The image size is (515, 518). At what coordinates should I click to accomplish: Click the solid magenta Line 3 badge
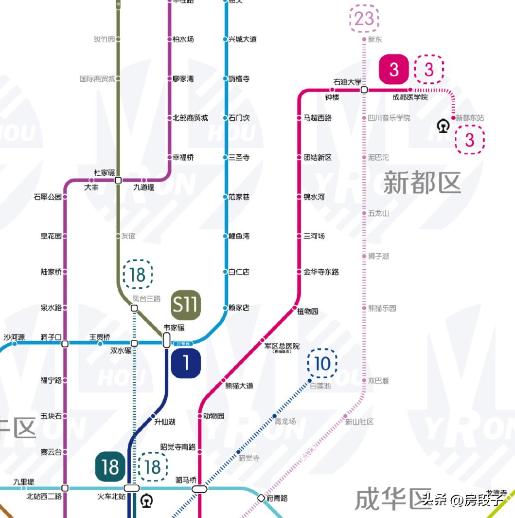tap(394, 70)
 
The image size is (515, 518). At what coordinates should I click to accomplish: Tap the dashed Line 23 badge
tap(364, 19)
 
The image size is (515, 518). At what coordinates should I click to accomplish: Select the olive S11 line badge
tap(186, 305)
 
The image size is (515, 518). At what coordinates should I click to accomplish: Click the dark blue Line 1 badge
tap(186, 363)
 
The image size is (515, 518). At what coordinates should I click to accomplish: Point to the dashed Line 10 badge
tap(322, 363)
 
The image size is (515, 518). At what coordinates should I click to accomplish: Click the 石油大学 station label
tap(347, 82)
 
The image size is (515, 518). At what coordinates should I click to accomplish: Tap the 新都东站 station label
tap(470, 118)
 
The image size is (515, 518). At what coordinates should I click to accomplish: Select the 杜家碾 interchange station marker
tap(118, 180)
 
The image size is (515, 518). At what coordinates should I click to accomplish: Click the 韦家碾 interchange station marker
tap(166, 340)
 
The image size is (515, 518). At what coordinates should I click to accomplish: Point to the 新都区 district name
tap(422, 183)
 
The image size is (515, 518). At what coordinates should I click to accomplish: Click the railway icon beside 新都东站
tap(443, 126)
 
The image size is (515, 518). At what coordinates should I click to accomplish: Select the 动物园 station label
tap(213, 416)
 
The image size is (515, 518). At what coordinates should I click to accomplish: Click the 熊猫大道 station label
tap(239, 386)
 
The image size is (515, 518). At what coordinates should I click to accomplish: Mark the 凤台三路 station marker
tap(134, 308)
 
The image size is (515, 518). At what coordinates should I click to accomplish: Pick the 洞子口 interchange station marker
tap(65, 344)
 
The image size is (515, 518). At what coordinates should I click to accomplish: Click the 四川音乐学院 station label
tap(389, 118)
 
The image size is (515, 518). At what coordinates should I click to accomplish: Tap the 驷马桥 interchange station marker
tap(199, 488)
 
